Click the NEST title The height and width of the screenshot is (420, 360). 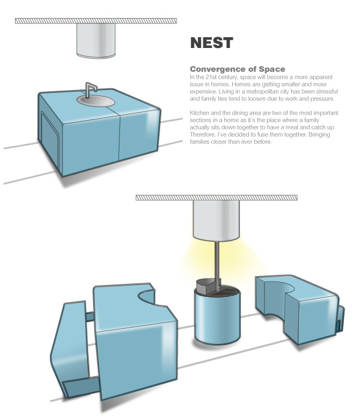211,43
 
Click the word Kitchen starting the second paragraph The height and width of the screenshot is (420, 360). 200,113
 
